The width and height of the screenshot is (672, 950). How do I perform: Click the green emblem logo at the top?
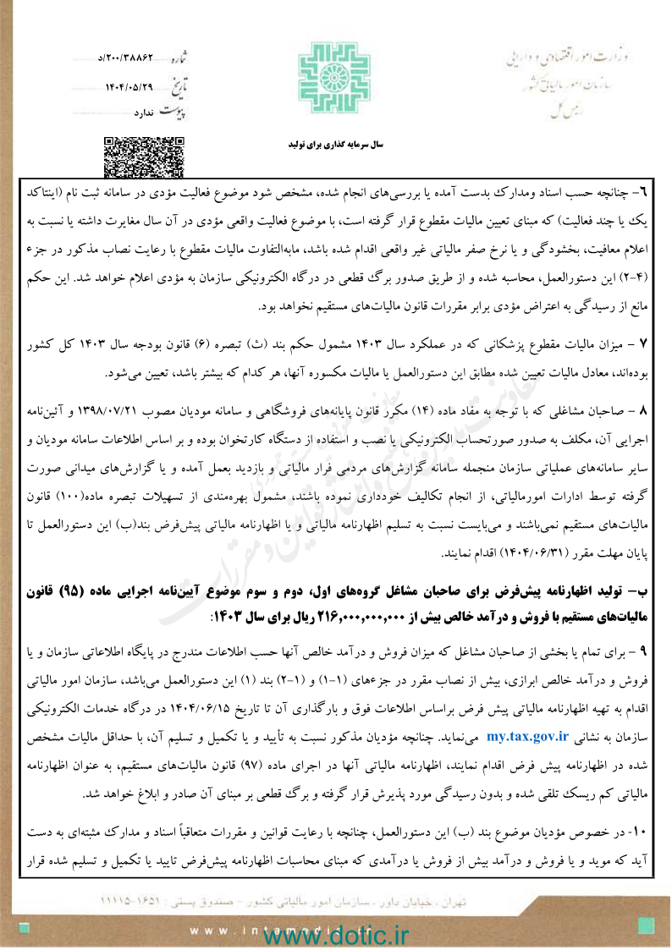(335, 80)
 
